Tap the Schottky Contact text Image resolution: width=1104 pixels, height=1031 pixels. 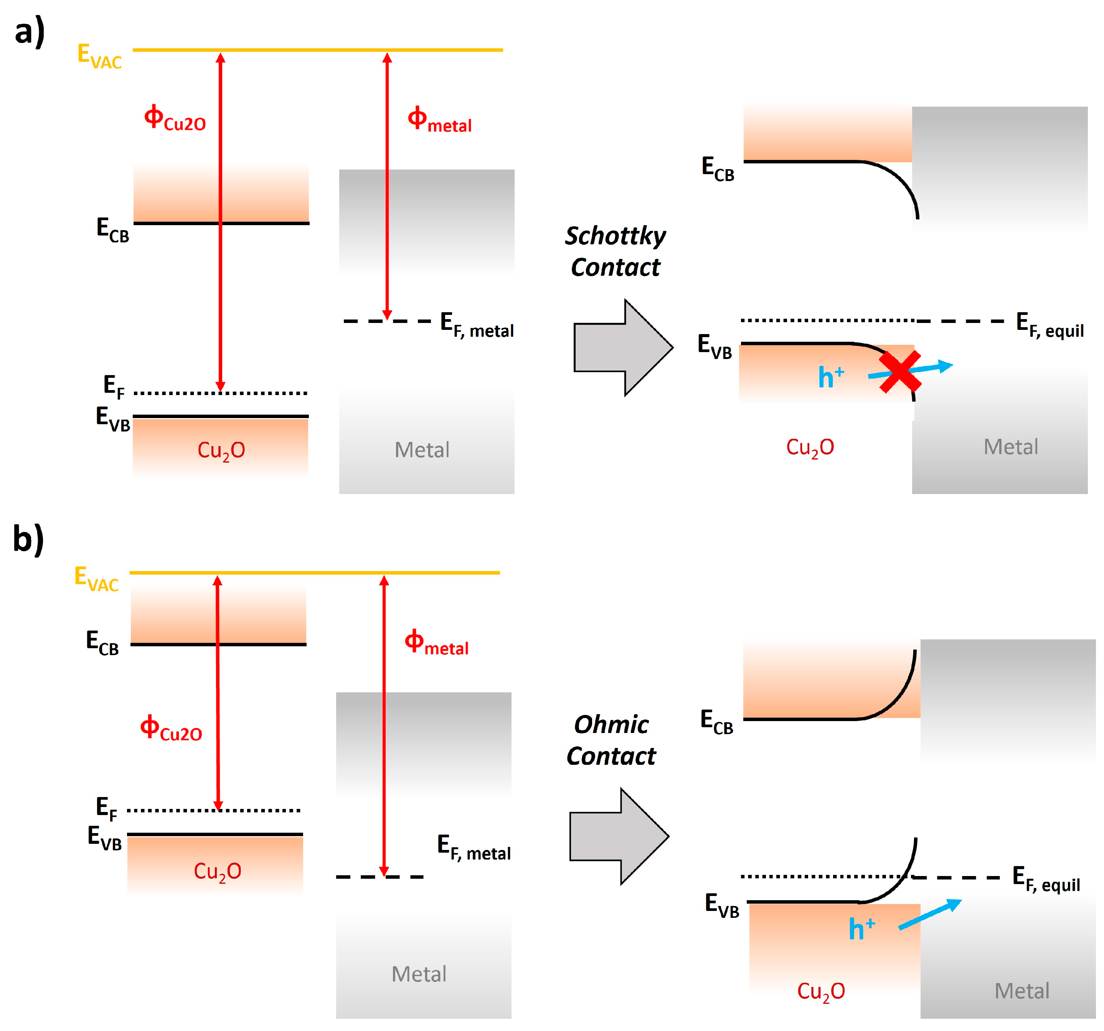(615, 252)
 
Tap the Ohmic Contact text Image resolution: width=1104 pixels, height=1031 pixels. (611, 740)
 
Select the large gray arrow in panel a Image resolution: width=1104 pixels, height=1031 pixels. (623, 348)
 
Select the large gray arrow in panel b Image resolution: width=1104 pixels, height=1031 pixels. (619, 836)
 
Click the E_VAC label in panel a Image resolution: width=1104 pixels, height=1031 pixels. (99, 56)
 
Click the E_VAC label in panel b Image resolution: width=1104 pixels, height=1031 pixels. (96, 579)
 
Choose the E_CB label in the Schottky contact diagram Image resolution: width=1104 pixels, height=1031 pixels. (718, 169)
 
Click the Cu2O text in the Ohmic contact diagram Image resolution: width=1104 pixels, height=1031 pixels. (821, 991)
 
